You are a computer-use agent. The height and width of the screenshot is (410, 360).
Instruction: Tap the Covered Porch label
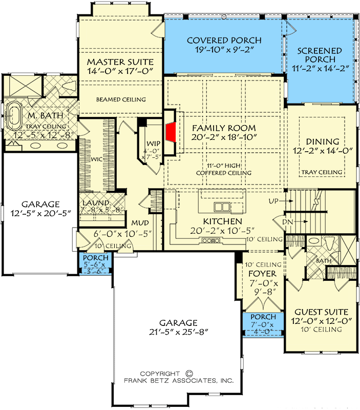pyautogui.click(x=224, y=40)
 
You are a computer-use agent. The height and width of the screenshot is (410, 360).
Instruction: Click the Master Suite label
pyautogui.click(x=120, y=62)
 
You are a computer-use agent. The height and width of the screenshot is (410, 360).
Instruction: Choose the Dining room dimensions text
pyautogui.click(x=322, y=152)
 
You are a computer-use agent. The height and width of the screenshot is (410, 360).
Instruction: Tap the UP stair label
pyautogui.click(x=273, y=202)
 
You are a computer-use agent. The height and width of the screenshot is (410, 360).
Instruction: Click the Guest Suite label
pyautogui.click(x=322, y=312)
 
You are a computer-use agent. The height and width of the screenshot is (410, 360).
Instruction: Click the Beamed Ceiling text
pyautogui.click(x=121, y=99)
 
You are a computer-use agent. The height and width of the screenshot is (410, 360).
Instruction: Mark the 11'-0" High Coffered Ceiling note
pyautogui.click(x=224, y=169)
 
